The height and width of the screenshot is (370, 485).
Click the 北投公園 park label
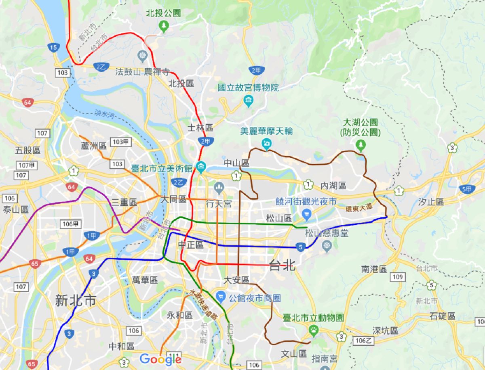163,13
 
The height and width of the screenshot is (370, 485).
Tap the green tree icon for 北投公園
163,27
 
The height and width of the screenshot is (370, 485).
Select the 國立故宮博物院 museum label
248,87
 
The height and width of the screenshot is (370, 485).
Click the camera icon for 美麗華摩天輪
266,143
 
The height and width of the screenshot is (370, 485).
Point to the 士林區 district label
200,128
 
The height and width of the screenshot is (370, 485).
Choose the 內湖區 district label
333,185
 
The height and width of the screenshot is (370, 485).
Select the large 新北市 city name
76,301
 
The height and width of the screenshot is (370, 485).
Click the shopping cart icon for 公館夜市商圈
220,298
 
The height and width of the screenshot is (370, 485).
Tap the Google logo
160,359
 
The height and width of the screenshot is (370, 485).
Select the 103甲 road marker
122,142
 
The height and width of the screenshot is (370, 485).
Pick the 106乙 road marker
363,341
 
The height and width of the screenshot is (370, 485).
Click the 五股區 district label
28,151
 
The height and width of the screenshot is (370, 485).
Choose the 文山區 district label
294,354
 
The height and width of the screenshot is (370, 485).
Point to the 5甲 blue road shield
468,189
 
